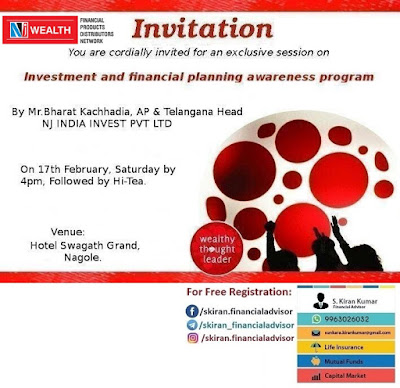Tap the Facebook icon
tap(191, 311)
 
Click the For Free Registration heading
tap(238, 293)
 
